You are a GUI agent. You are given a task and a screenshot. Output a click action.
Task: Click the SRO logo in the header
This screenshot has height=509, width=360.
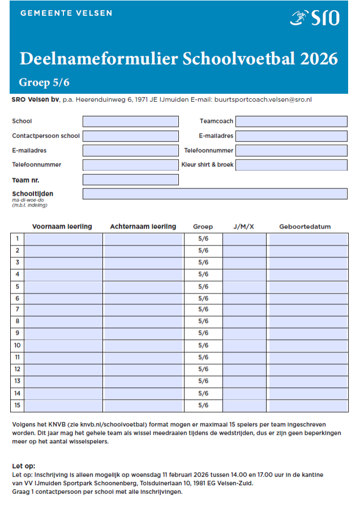pos(315,18)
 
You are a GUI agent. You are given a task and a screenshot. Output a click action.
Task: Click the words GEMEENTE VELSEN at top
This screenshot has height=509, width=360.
pos(66,13)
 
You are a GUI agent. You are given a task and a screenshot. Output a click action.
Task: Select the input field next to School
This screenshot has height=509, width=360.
pos(130,121)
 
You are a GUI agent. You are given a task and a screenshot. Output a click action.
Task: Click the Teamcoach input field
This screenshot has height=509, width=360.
pos(291,121)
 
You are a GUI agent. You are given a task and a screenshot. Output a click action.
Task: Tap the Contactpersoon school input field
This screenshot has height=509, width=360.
pos(130,136)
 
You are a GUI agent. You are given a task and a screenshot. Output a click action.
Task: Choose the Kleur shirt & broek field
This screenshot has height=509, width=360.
pos(291,165)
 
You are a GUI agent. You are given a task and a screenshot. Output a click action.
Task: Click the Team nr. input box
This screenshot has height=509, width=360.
pos(130,180)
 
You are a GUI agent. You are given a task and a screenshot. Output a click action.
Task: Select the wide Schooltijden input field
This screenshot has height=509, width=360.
pos(215,194)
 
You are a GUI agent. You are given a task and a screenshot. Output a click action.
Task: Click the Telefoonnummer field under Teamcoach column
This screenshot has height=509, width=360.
pos(291,150)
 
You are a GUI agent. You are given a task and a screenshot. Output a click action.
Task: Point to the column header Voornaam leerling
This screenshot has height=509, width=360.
pos(62,227)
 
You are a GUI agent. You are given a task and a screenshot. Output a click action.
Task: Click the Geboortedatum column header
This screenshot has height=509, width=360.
pos(305,227)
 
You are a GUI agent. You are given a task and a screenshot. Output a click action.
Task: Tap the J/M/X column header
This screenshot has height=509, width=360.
pos(243,227)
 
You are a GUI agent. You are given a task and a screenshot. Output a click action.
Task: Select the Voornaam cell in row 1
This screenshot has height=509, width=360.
pos(63,239)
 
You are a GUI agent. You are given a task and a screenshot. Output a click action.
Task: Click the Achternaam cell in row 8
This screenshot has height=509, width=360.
pos(143,321)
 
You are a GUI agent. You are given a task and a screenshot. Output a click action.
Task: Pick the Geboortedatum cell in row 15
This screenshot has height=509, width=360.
pos(307,406)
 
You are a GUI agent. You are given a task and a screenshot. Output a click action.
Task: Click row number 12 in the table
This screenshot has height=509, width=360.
pos(18,369)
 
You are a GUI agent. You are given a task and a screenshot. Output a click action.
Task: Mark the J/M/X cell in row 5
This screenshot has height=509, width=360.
pos(244,286)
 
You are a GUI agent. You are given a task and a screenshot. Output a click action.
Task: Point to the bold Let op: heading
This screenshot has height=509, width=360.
pos(23,466)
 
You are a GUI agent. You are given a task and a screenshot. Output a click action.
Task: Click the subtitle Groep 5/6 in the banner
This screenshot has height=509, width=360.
pos(44,83)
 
